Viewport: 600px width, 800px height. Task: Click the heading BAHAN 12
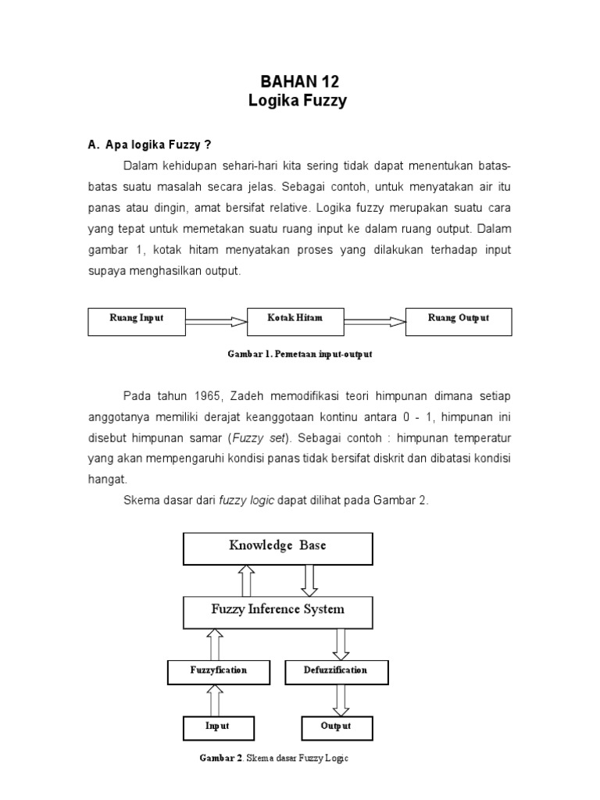tap(300, 82)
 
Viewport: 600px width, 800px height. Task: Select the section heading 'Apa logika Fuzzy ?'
tap(149, 145)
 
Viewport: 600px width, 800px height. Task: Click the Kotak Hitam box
tap(295, 320)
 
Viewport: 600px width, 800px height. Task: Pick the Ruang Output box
tap(459, 320)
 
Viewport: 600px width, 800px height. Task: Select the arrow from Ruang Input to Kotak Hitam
tap(216, 320)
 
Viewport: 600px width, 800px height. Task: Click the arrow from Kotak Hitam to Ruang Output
tap(374, 320)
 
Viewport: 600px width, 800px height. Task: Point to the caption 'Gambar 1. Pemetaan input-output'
tap(300, 354)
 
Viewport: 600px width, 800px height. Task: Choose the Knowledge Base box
tap(277, 547)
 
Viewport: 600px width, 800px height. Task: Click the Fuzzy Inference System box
tap(277, 611)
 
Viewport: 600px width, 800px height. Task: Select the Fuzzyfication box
tap(219, 671)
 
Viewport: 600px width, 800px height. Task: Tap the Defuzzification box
tap(336, 671)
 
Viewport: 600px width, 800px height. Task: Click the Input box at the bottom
tap(217, 727)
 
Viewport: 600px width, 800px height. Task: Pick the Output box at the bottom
tap(336, 727)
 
